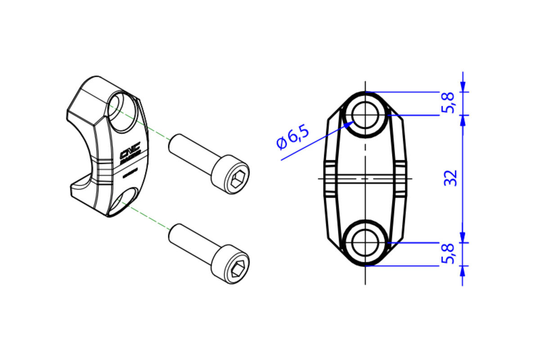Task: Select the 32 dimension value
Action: [450, 178]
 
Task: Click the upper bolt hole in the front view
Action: [365, 114]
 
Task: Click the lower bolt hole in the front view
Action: [365, 243]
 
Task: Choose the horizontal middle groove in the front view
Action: [365, 178]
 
